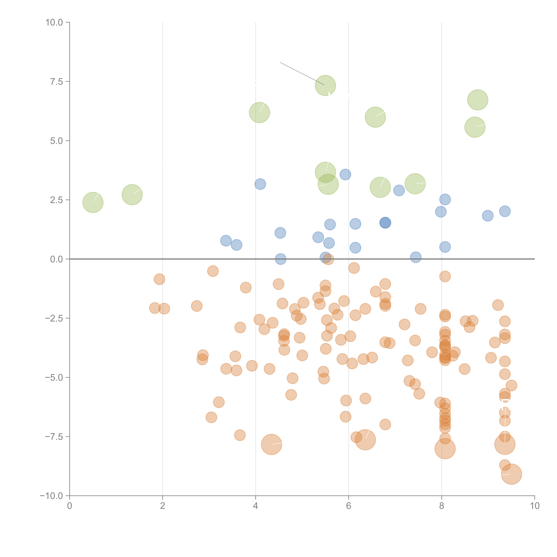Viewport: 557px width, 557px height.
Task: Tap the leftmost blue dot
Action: (x=226, y=240)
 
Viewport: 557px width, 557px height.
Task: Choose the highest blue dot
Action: (x=345, y=174)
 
